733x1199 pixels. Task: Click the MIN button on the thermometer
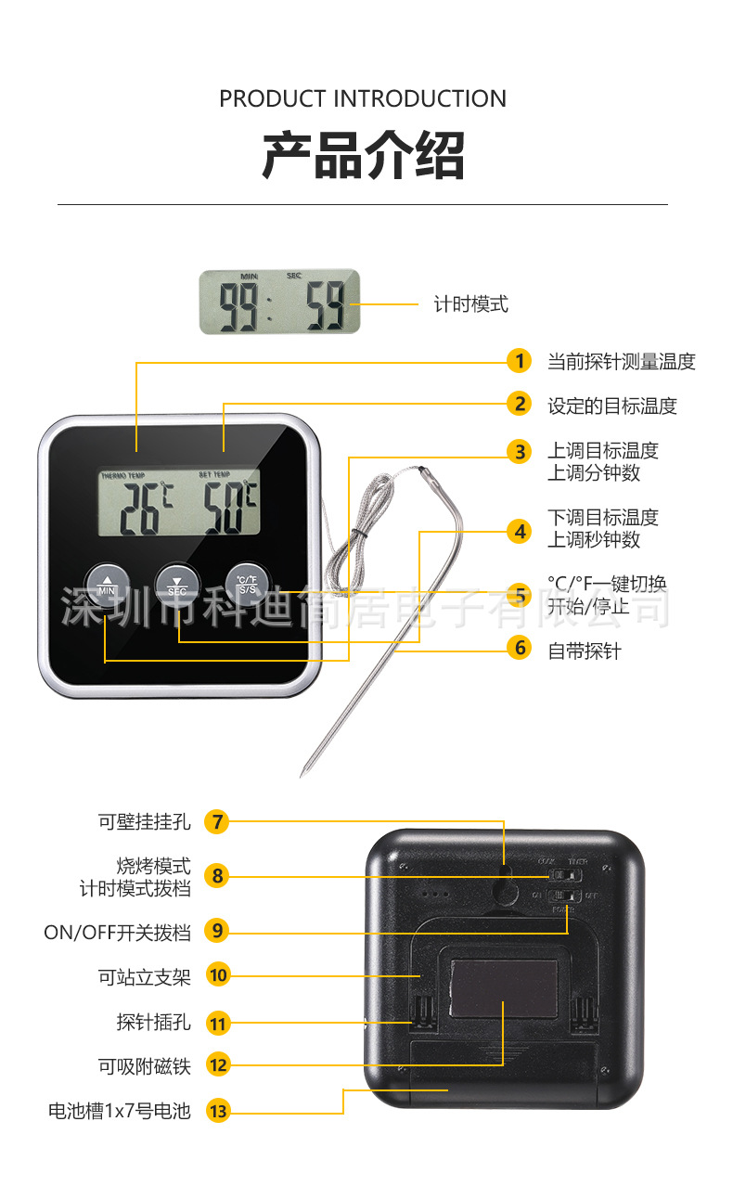tap(107, 583)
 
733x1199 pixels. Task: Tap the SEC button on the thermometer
tap(176, 583)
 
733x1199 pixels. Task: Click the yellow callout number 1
tap(521, 361)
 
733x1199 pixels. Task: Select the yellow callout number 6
tap(521, 648)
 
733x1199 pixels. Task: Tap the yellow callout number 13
tap(218, 1111)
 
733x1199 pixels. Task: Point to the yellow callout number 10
tap(218, 975)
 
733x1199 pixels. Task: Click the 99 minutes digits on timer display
tap(238, 303)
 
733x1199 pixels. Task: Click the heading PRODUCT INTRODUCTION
tap(363, 98)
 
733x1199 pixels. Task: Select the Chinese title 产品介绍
tap(363, 155)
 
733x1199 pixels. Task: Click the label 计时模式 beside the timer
tap(471, 303)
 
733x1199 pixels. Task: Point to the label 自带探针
tap(585, 651)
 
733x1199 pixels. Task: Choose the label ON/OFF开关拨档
tap(117, 932)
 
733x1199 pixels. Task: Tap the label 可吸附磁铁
tap(144, 1066)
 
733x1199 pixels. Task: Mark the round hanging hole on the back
tap(505, 891)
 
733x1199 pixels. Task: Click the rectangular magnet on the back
tap(504, 987)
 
